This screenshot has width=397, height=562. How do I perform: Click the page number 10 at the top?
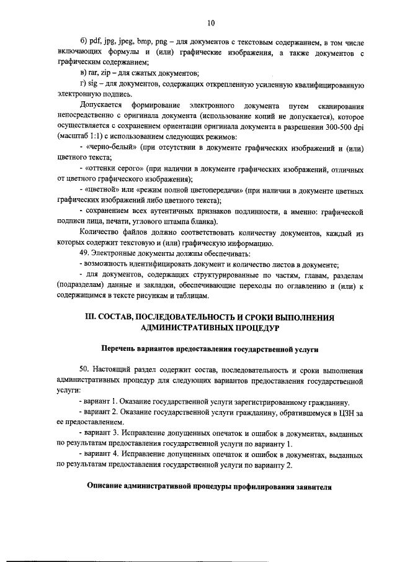[x=210, y=23]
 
